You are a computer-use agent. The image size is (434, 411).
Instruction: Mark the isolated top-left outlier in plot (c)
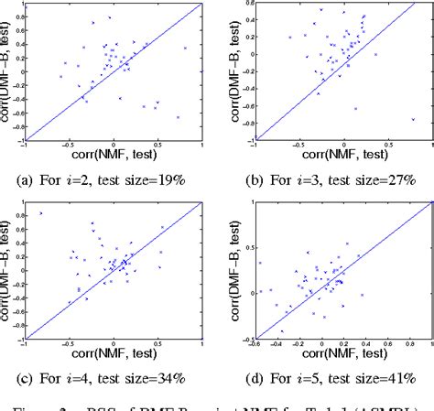(40, 213)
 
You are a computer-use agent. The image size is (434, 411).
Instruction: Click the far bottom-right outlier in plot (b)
(413, 119)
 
